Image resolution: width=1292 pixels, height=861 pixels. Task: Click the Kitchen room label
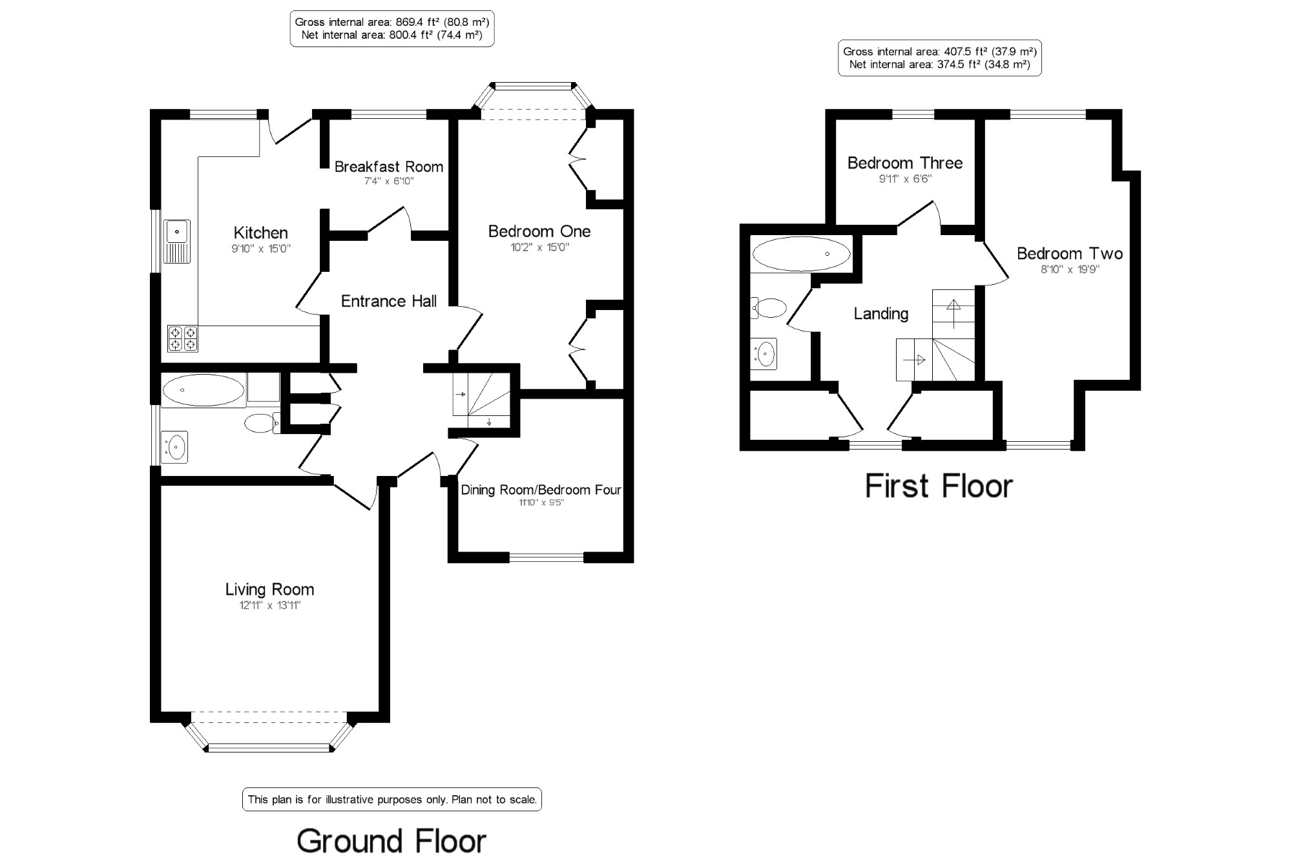[260, 233]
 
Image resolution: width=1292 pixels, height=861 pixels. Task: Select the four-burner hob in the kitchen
[183, 338]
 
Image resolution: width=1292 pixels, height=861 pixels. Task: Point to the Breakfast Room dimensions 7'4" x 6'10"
[389, 182]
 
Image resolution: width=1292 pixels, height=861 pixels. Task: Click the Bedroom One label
[539, 231]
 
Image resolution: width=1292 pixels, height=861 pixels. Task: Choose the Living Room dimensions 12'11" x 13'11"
[270, 605]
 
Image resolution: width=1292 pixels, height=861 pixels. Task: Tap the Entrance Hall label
[388, 301]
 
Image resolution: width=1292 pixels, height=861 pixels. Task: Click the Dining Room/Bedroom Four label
[541, 490]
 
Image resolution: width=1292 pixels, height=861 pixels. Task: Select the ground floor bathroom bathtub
[203, 390]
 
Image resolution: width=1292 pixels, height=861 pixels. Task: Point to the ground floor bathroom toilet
[262, 423]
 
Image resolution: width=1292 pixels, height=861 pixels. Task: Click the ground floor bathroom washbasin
[174, 447]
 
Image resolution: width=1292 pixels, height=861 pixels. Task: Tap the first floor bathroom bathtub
[802, 254]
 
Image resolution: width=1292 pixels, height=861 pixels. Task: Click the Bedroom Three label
[904, 163]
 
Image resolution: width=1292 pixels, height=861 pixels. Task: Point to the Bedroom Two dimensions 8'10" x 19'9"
[1070, 269]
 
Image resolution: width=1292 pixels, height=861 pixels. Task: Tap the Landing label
[880, 314]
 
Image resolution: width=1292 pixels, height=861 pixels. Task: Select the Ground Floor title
[391, 841]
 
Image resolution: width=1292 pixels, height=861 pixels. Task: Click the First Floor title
[939, 486]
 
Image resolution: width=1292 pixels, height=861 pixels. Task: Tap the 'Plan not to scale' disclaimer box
[391, 800]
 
